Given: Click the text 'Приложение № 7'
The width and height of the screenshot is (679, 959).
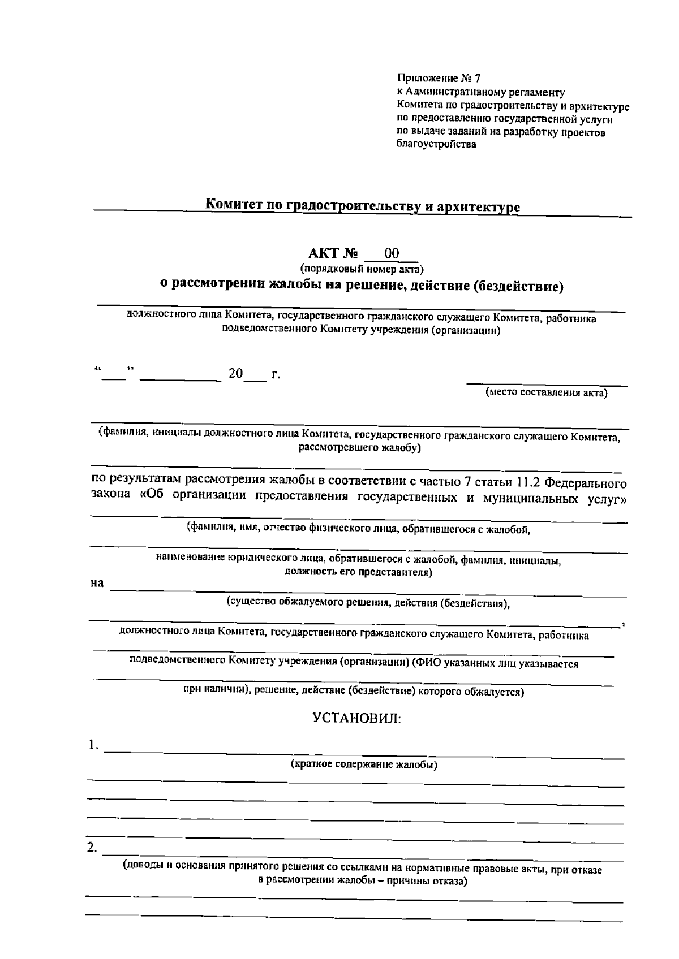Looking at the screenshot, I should pos(439,79).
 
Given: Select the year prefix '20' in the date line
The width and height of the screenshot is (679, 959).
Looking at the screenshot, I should pos(235,374).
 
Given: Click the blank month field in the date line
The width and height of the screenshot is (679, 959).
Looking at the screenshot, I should pos(181,375).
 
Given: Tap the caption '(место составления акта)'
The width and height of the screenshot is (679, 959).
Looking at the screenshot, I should pos(547,393).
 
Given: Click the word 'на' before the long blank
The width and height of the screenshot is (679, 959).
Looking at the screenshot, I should pos(97,583).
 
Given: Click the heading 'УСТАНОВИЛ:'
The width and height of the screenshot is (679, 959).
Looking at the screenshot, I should pos(357,719).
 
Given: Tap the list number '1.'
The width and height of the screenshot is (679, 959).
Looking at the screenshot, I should pos(93,745).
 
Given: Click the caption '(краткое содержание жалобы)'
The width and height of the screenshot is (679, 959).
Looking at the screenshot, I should pos(363,765).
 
